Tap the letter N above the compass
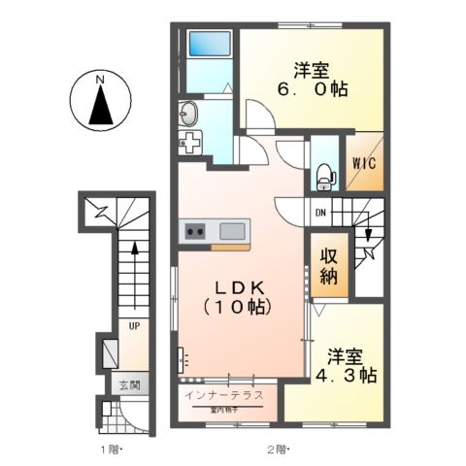pos(100,77)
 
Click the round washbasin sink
pos(188,112)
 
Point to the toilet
pos(324,176)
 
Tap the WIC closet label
pos(365,163)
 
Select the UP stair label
pos(134,327)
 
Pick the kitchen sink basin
pos(233,231)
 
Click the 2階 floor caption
pos(278,449)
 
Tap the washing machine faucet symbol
pos(189,143)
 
